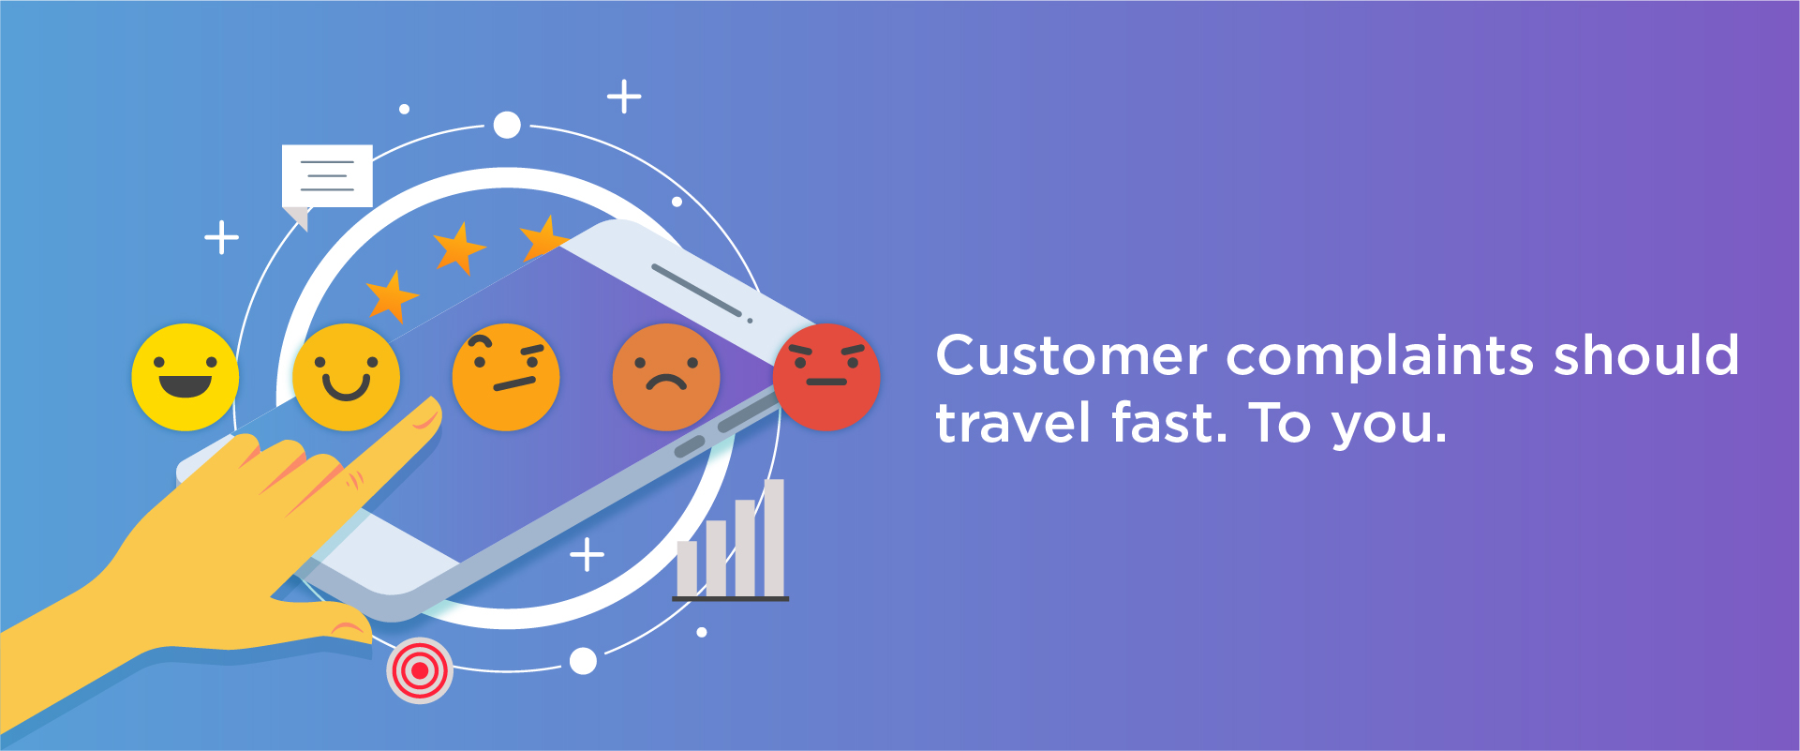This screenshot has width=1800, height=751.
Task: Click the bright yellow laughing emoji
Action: (x=186, y=377)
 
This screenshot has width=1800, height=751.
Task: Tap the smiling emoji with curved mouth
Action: (x=346, y=377)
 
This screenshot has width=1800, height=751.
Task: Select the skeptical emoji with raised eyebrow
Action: (x=506, y=377)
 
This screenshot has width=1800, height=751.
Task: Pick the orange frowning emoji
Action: (x=666, y=377)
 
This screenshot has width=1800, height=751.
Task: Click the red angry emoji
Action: (x=826, y=377)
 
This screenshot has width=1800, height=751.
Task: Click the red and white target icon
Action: (x=420, y=670)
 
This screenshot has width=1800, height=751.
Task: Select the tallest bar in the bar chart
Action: (x=774, y=538)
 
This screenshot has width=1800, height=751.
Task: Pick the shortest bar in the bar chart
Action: (x=687, y=568)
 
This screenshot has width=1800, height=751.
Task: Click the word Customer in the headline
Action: (x=1072, y=356)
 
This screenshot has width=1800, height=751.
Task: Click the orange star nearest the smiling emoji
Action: (x=392, y=296)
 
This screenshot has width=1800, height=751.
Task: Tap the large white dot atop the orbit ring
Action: (x=507, y=125)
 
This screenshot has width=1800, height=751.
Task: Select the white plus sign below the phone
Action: (x=588, y=555)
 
